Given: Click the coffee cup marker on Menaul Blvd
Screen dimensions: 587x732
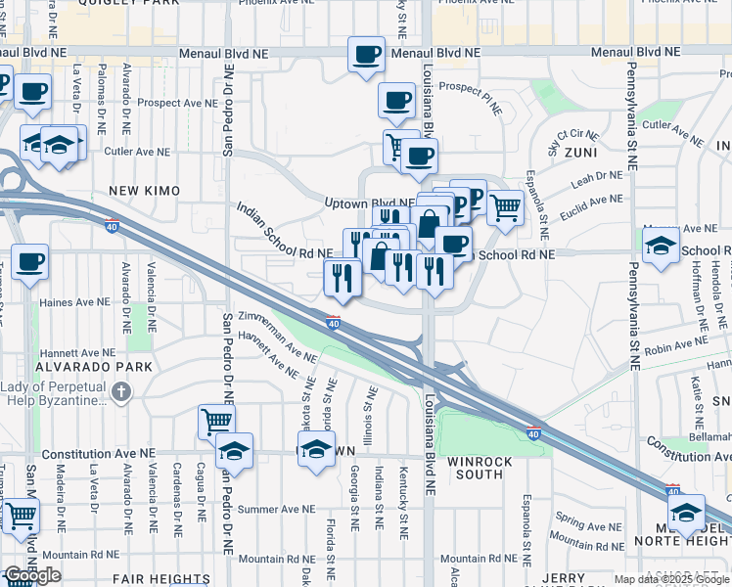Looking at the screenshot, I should pos(367,55).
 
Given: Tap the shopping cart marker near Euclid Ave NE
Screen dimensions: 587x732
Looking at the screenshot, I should pos(505,206).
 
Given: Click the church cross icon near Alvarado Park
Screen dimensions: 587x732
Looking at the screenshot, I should pos(120,393).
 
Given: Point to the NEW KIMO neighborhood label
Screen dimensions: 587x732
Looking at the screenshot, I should pos(141,191).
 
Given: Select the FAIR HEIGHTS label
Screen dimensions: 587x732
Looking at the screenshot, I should pos(161,579).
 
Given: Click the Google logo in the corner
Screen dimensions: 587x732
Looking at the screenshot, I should pos(32,575).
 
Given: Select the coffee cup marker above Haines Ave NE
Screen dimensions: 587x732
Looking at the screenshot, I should pos(31,261).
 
